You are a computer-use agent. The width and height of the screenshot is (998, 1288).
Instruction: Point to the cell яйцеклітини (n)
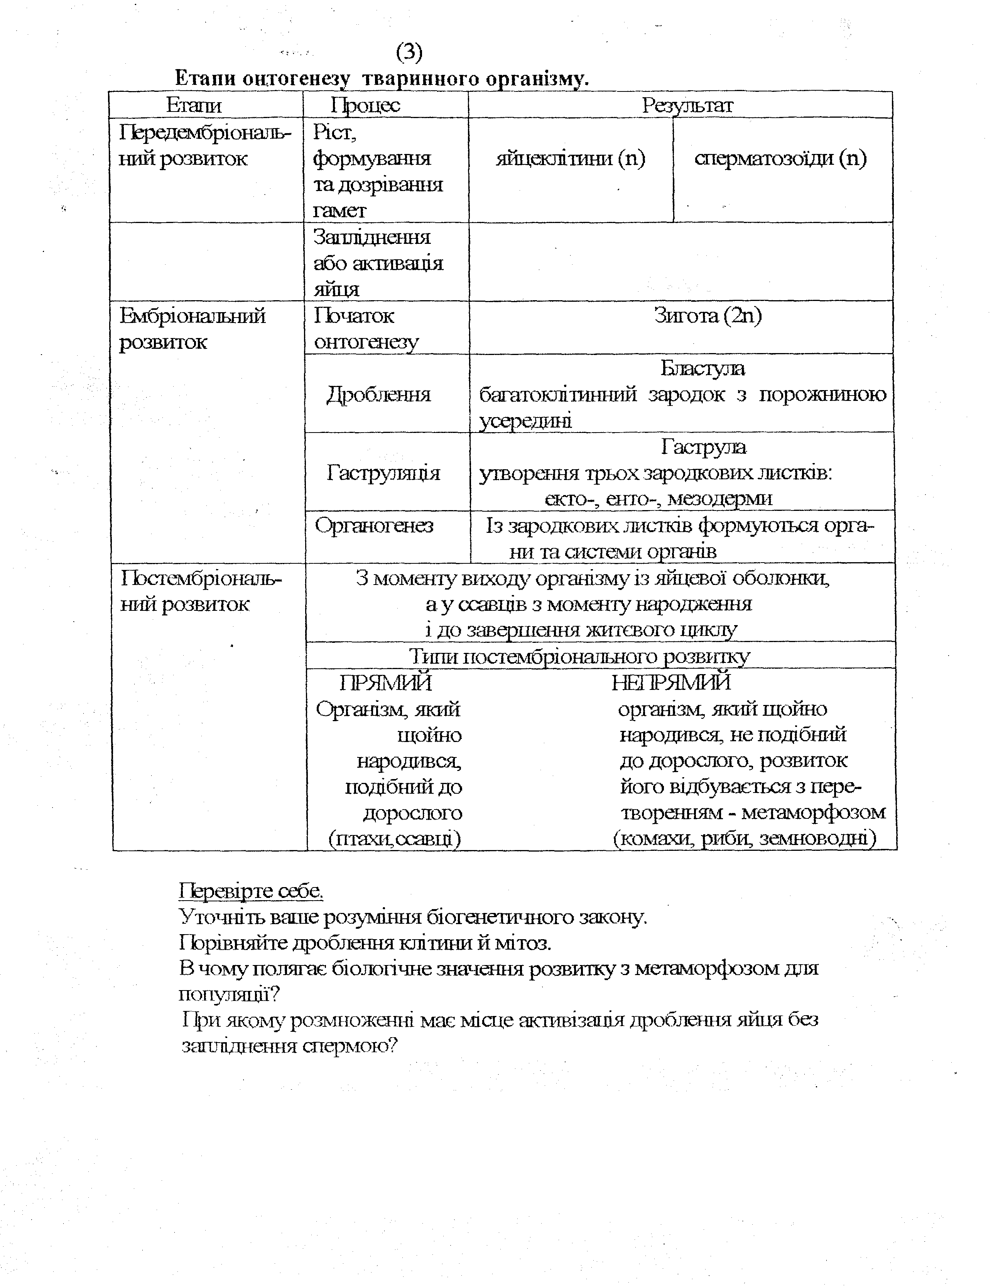(x=571, y=159)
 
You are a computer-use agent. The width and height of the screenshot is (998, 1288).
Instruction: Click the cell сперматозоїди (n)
(x=780, y=159)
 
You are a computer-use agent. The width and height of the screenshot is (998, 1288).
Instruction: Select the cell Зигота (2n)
(x=708, y=316)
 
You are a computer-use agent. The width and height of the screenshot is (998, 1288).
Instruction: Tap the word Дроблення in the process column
(x=379, y=394)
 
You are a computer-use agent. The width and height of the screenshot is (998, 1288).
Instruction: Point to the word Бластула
(x=702, y=368)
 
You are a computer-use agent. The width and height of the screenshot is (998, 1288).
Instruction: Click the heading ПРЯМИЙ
(x=386, y=683)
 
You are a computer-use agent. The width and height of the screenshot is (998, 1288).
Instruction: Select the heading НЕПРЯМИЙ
(x=671, y=683)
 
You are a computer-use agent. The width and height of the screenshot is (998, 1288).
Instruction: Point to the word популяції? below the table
(x=229, y=995)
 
